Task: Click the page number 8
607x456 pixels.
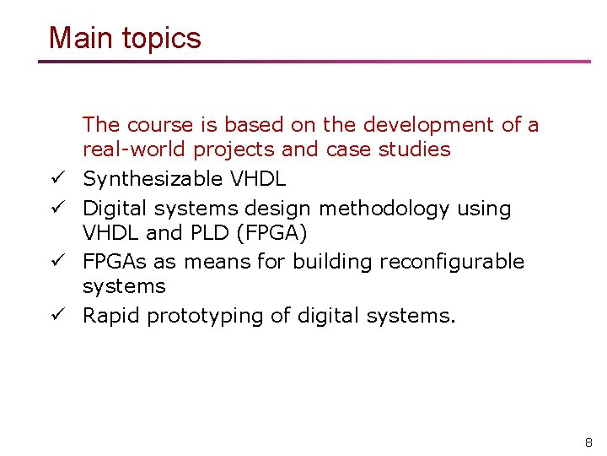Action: tap(588, 442)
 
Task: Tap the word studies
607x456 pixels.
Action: tap(416, 149)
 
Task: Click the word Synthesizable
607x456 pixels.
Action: tap(153, 180)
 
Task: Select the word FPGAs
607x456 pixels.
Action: tap(115, 262)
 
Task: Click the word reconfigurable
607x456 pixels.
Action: tap(452, 263)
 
